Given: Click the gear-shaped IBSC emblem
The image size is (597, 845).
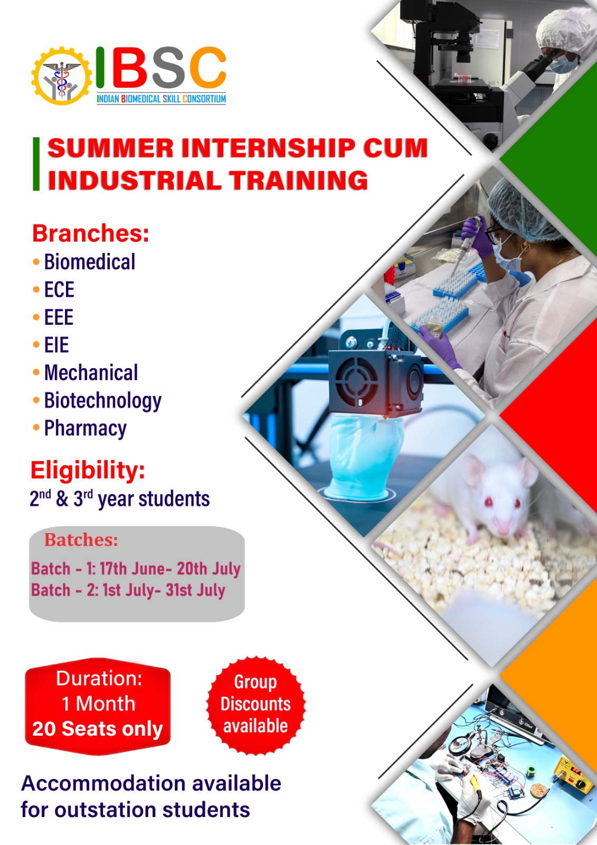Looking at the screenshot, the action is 61,76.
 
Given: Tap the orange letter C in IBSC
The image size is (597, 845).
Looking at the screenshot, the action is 207,67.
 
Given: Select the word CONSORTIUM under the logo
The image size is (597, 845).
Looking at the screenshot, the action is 204,99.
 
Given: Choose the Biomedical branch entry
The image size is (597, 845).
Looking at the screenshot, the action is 90,262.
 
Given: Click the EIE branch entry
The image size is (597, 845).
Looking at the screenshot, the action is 56,345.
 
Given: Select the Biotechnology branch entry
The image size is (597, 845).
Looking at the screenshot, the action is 103,401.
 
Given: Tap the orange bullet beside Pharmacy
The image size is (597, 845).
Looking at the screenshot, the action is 36,428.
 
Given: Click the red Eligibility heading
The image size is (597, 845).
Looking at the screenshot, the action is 88,471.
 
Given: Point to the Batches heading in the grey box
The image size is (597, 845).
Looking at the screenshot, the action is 81,540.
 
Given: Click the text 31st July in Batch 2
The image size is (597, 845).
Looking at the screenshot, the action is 195,590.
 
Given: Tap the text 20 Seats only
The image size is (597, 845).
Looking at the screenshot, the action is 97,729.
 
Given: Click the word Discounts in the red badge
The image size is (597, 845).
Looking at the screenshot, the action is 255,704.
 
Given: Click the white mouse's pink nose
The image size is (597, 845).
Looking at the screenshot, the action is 503,530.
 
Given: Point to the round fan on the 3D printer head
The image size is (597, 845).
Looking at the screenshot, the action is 356,382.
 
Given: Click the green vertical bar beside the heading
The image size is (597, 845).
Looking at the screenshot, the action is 36,164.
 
